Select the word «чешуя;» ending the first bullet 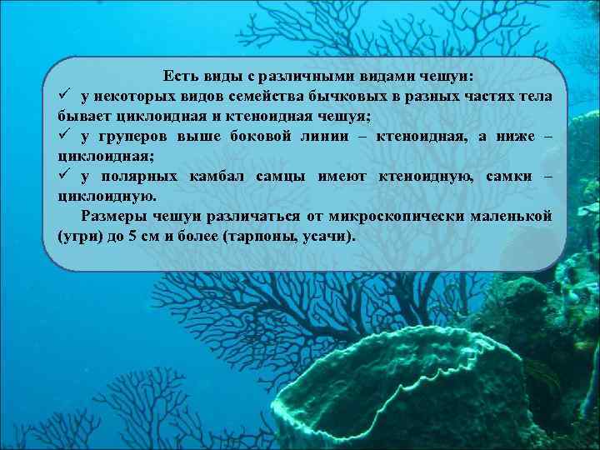pyautogui.click(x=347, y=116)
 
